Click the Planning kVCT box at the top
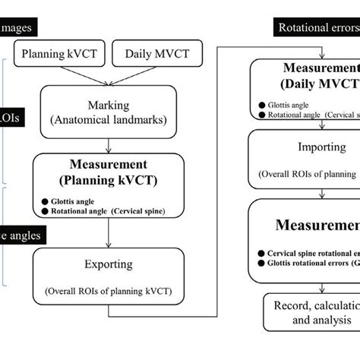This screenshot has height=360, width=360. pos(60,55)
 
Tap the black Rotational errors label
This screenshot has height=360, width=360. pos(314,30)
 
